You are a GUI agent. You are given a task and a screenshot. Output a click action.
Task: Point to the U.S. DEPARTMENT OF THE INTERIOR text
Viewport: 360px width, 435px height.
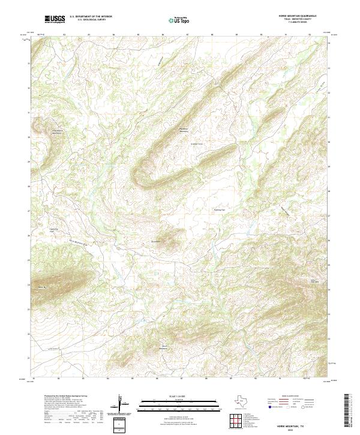click(91, 17)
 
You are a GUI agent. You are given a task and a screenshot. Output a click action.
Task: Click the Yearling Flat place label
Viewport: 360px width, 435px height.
click(220, 210)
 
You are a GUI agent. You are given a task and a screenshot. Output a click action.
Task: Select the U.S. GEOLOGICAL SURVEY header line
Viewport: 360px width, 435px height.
click(86, 20)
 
